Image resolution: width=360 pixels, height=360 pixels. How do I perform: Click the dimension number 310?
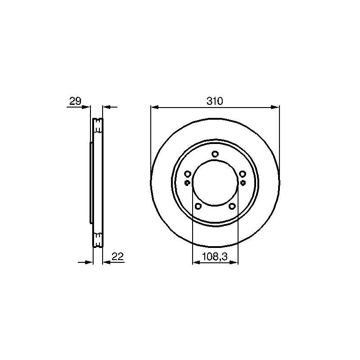[215, 101]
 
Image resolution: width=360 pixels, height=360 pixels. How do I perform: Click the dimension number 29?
[75, 101]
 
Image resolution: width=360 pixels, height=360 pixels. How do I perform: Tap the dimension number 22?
[117, 256]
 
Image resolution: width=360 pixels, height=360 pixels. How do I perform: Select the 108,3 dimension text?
[215, 256]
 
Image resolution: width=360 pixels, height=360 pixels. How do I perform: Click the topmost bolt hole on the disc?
[215, 154]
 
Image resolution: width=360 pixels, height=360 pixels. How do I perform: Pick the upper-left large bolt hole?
[188, 174]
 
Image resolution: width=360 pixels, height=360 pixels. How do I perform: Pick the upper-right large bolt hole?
[242, 174]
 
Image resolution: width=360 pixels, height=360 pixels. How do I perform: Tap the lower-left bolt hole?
[198, 206]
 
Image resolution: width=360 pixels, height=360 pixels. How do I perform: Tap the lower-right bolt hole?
[232, 206]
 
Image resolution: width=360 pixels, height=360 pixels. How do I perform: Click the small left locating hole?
[187, 183]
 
